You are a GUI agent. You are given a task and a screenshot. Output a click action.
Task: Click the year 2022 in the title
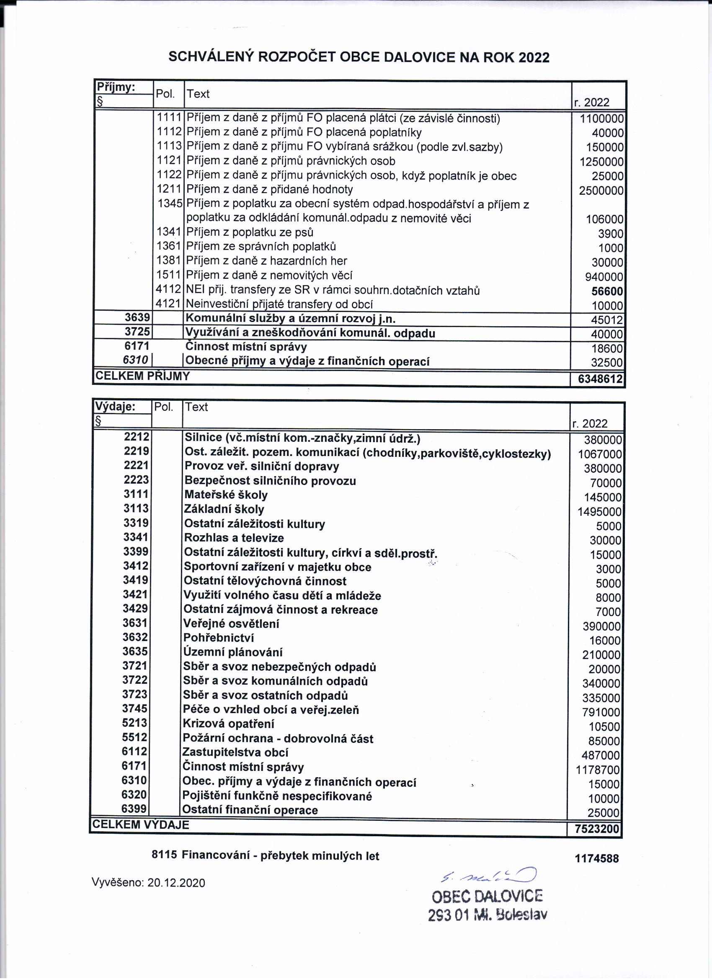[534, 57]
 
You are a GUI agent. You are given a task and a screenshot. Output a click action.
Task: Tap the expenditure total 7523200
[595, 829]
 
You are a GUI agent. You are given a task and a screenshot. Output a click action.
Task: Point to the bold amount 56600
[607, 291]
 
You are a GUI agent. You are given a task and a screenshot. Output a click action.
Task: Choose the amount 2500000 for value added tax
[601, 191]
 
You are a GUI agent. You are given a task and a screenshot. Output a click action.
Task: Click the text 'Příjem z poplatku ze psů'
[250, 232]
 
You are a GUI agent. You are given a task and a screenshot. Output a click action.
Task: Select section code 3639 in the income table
[137, 318]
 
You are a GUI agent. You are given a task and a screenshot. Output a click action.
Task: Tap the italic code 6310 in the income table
[136, 360]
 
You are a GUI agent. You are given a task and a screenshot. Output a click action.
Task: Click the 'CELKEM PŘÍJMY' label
[142, 376]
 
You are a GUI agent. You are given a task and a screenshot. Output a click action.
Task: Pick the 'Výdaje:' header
[115, 407]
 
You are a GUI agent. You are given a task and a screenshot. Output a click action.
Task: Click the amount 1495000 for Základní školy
[600, 512]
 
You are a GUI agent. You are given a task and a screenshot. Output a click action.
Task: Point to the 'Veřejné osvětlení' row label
[232, 624]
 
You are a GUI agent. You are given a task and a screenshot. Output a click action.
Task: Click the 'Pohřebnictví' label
[219, 638]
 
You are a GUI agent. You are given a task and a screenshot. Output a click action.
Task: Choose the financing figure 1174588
[597, 858]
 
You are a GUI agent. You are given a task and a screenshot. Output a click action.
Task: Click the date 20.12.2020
[176, 883]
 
